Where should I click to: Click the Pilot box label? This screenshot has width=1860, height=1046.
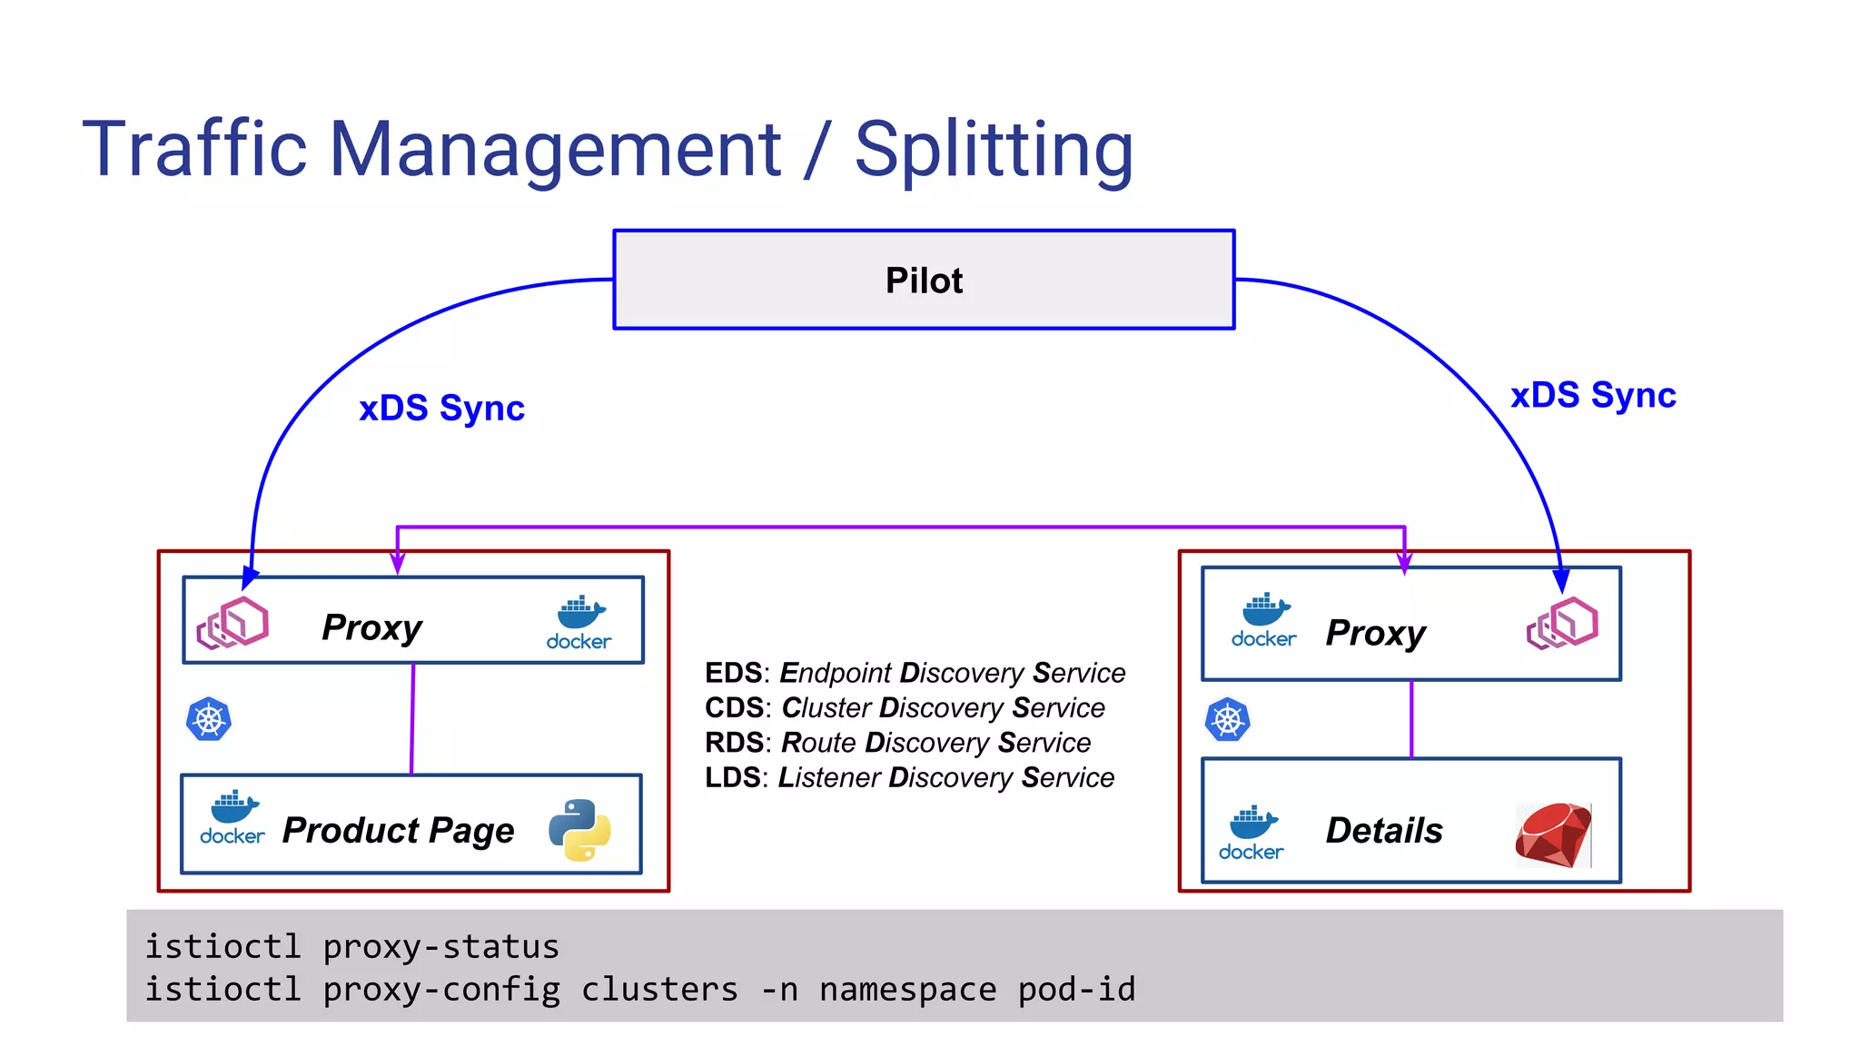(x=924, y=281)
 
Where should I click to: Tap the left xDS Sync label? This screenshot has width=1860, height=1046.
(x=441, y=409)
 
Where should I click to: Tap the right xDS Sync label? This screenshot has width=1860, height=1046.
(x=1593, y=396)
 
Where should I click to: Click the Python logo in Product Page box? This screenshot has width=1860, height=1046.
(x=579, y=830)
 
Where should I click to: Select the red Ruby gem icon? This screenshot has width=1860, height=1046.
(x=1553, y=834)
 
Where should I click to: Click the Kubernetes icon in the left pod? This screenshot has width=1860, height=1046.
(x=209, y=720)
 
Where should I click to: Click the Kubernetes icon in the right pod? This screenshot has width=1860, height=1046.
(x=1228, y=720)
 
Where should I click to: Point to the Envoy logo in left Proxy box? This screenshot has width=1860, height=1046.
(x=232, y=623)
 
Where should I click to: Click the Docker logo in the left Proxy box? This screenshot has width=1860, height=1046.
(x=579, y=623)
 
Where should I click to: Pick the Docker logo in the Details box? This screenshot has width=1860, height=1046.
(x=1252, y=832)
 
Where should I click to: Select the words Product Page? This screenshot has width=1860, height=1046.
(x=398, y=830)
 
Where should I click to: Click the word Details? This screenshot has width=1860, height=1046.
(x=1384, y=830)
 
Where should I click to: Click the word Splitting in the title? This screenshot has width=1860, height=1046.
(x=994, y=150)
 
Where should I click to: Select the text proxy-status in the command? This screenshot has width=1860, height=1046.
(x=441, y=947)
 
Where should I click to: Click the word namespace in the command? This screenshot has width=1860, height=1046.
(x=907, y=990)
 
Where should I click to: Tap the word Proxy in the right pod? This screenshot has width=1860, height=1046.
(x=1375, y=633)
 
